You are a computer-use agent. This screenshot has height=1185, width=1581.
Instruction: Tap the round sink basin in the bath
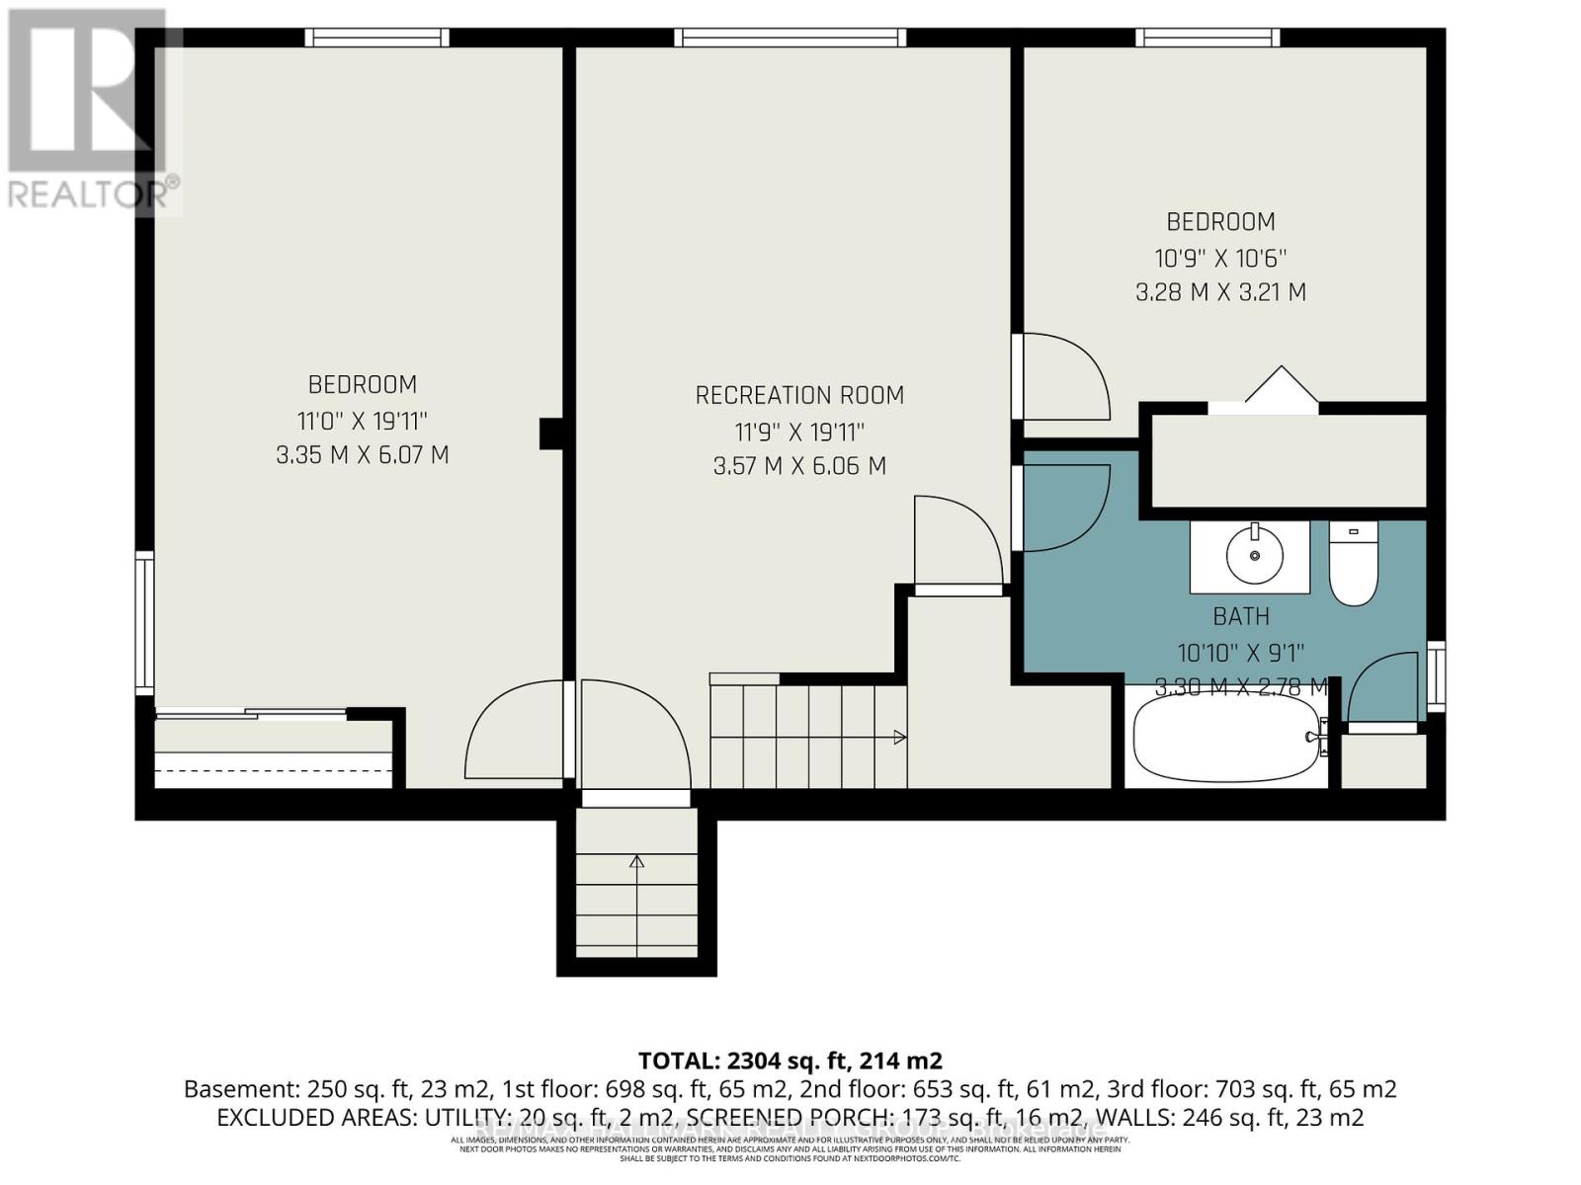[1254, 556]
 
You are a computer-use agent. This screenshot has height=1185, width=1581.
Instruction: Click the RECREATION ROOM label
[799, 396]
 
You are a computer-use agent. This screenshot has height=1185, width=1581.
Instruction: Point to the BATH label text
[1241, 617]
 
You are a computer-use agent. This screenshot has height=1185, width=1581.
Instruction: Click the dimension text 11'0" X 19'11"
[363, 422]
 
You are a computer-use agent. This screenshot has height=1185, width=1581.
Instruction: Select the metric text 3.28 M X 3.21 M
[1220, 293]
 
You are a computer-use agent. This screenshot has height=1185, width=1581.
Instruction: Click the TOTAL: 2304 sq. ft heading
[790, 1061]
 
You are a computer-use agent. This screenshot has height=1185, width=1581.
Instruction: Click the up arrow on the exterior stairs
[637, 863]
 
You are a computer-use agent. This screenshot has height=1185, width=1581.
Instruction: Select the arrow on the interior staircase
[899, 737]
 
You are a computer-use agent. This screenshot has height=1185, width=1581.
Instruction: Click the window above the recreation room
[790, 38]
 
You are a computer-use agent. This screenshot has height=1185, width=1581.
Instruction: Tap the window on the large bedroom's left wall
[145, 624]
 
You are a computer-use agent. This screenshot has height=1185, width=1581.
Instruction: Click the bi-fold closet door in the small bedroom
[1281, 389]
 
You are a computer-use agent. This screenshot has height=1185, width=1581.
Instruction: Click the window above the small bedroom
[1207, 38]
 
